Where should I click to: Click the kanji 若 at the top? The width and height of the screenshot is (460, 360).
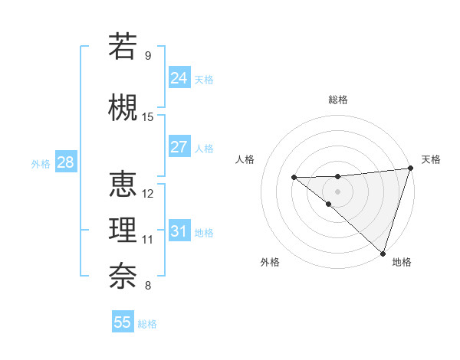pyautogui.click(x=123, y=47)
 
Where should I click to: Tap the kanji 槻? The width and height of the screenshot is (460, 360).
pyautogui.click(x=123, y=107)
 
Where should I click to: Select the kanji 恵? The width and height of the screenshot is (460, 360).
pyautogui.click(x=123, y=185)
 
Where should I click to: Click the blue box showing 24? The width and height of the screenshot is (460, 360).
pyautogui.click(x=179, y=78)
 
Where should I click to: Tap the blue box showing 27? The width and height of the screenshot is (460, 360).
pyautogui.click(x=179, y=147)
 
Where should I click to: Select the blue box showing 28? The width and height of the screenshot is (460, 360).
pyautogui.click(x=64, y=162)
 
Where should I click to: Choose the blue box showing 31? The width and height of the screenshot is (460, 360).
pyautogui.click(x=179, y=231)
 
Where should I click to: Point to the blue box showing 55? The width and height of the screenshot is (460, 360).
pyautogui.click(x=123, y=322)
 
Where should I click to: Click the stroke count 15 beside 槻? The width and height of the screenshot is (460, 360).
pyautogui.click(x=148, y=117)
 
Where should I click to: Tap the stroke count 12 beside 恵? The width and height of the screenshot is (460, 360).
pyautogui.click(x=148, y=194)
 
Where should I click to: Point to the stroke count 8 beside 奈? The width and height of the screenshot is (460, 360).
pyautogui.click(x=148, y=286)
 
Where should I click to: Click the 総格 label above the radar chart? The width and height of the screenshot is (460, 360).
pyautogui.click(x=337, y=100)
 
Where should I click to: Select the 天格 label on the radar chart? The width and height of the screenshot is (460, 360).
pyautogui.click(x=431, y=159)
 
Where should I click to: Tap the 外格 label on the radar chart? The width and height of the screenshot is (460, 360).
pyautogui.click(x=270, y=262)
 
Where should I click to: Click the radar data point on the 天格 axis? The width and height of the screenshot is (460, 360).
pyautogui.click(x=410, y=169)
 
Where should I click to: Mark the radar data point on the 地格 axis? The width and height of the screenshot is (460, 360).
pyautogui.click(x=383, y=253)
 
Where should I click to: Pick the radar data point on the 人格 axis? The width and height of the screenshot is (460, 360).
pyautogui.click(x=294, y=178)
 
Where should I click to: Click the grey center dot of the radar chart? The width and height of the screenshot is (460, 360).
pyautogui.click(x=337, y=191)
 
